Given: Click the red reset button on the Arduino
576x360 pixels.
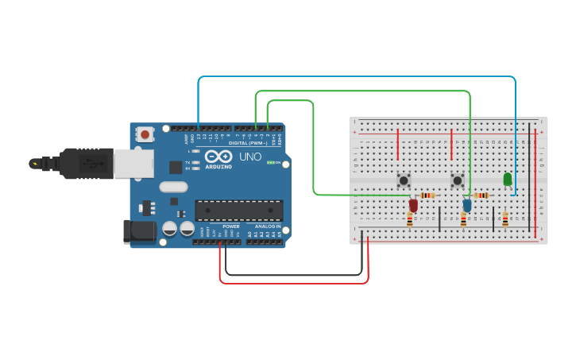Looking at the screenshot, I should (145, 134).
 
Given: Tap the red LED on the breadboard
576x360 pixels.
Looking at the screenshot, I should (413, 205).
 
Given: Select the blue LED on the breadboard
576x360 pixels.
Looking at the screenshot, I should (467, 205).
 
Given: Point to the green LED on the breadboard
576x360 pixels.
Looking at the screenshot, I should (507, 180).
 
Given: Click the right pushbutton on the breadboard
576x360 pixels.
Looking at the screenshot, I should (458, 180).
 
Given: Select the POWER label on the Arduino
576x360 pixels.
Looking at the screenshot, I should (231, 226).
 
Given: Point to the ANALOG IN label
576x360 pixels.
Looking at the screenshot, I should (267, 226).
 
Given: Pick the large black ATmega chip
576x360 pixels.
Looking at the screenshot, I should (239, 210).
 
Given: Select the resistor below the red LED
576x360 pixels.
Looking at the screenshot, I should (410, 219).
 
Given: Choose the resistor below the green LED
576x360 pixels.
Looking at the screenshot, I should (505, 219).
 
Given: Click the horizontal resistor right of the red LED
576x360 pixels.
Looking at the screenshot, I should (428, 195).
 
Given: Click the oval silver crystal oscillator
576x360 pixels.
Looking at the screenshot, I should (173, 188).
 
